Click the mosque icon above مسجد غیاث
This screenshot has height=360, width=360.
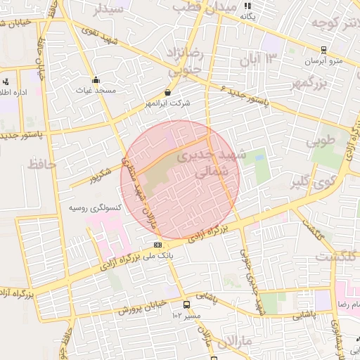[96, 79]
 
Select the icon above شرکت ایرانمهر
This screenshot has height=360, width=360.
[167, 92]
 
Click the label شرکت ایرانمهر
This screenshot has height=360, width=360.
[167, 104]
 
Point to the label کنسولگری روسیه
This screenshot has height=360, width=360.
[95, 209]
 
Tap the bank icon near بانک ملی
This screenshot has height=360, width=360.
[157, 245]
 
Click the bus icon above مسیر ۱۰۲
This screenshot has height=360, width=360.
[186, 304]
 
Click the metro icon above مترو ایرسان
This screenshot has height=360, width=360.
[323, 50]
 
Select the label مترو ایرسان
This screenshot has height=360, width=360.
[323, 61]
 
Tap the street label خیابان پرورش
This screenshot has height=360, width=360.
[140, 307]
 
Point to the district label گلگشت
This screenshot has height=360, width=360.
[334, 258]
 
